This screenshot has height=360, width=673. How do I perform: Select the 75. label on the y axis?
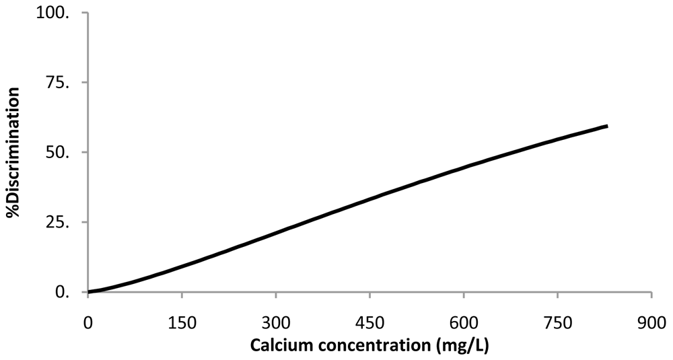65,83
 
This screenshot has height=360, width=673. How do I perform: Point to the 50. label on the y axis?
65,153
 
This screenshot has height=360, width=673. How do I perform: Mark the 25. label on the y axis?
65,223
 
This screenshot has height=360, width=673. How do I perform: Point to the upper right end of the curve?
607,126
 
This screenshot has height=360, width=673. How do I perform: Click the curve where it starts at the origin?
88,292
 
